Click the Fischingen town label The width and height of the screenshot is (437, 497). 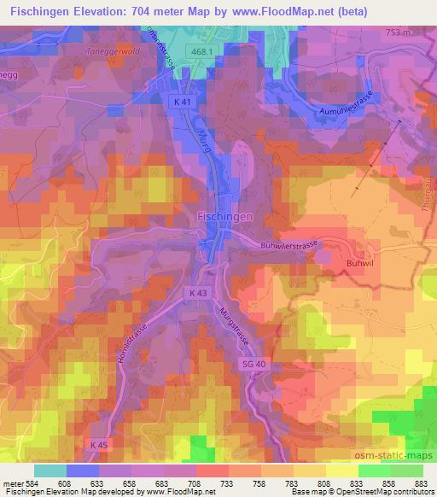[225, 217]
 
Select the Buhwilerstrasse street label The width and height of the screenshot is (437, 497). [288, 245]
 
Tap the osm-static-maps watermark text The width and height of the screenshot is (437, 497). [390, 452]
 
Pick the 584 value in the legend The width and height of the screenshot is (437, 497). [32, 484]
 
